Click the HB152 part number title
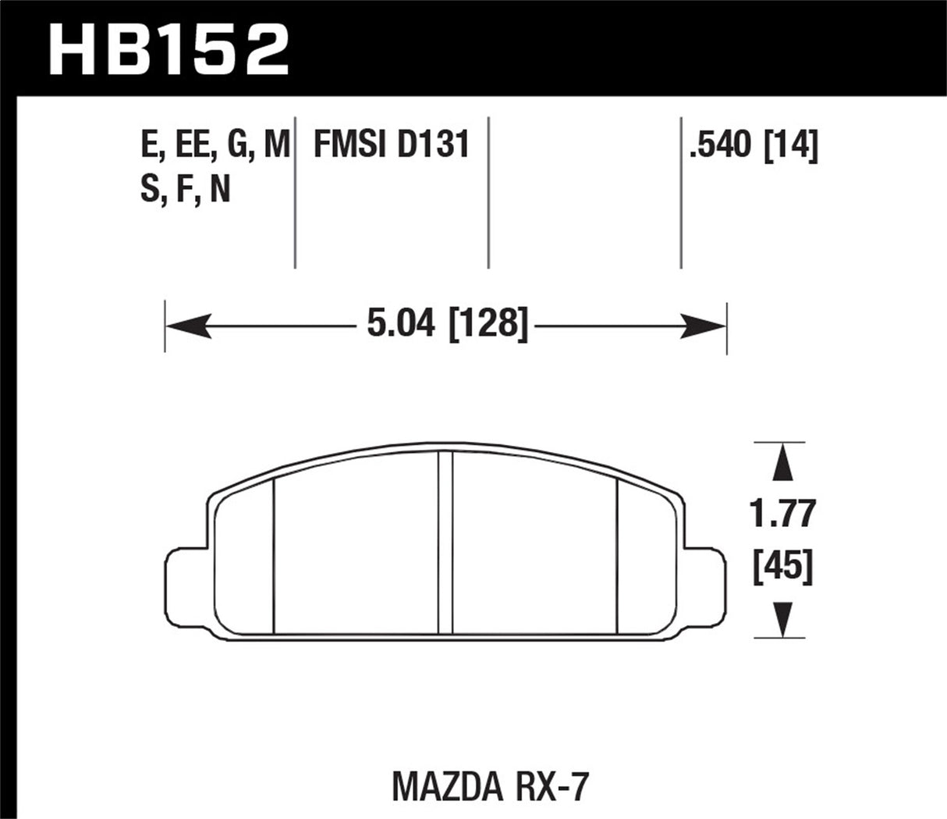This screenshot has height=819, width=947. pos(168,48)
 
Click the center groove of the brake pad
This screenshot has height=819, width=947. pos(445,543)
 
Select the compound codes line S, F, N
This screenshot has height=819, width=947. pos(185,190)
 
